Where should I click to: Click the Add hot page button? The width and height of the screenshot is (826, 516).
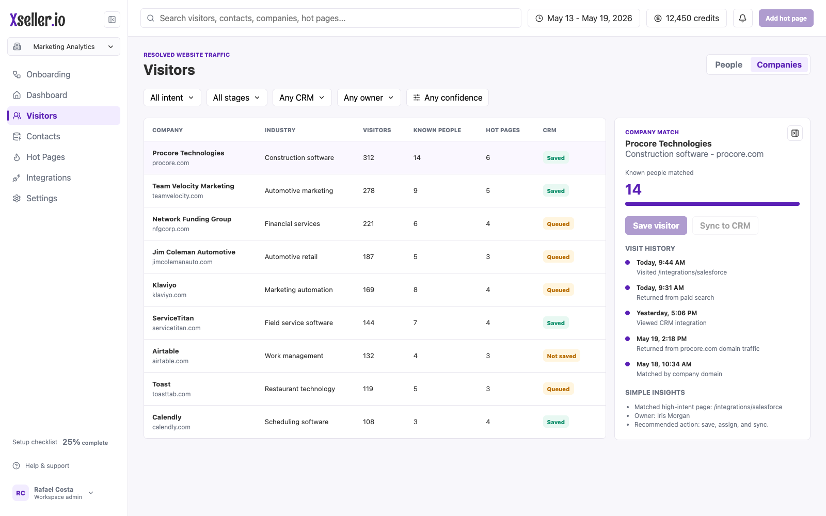[x=786, y=18]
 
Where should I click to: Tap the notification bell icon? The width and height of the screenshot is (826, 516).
[x=742, y=18]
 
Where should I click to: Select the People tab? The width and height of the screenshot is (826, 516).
[x=728, y=64]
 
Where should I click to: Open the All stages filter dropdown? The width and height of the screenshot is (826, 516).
[x=237, y=98]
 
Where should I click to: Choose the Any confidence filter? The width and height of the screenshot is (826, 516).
[x=447, y=98]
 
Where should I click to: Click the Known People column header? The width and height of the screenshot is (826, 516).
[x=437, y=130]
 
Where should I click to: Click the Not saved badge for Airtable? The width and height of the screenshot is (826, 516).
[x=561, y=356]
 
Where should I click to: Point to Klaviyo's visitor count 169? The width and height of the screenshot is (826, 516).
[x=369, y=289]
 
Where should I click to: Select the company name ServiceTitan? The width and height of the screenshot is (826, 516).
[x=173, y=318]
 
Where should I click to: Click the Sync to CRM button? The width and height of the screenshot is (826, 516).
[x=725, y=225]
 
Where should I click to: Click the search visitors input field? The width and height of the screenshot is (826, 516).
[x=331, y=18]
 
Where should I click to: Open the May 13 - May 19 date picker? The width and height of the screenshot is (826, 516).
[x=584, y=18]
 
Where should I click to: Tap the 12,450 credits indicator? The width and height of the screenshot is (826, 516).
[x=686, y=18]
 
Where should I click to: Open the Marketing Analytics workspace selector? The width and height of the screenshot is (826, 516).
[x=63, y=46]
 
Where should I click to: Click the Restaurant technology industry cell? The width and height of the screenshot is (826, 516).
[x=300, y=389]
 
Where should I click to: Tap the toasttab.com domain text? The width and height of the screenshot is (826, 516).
[x=171, y=394]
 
